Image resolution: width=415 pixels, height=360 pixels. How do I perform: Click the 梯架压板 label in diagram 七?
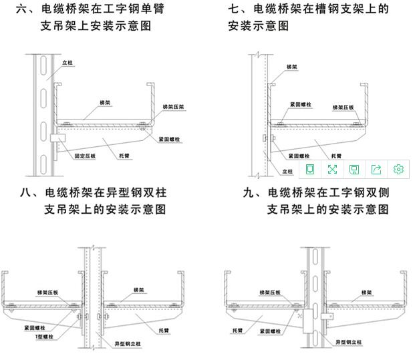click(343, 106)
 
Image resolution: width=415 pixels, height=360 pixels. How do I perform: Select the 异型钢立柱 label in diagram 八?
click(128, 343)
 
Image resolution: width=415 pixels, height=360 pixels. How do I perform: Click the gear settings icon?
click(398, 169)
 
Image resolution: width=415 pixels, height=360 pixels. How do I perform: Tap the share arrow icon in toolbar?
click(376, 169)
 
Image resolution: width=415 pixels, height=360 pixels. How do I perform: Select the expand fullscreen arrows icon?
click(332, 169)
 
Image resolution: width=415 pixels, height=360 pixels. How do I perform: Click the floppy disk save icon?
click(354, 169)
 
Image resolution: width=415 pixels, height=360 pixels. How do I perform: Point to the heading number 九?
click(250, 192)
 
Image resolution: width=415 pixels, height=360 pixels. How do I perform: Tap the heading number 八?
click(27, 192)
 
